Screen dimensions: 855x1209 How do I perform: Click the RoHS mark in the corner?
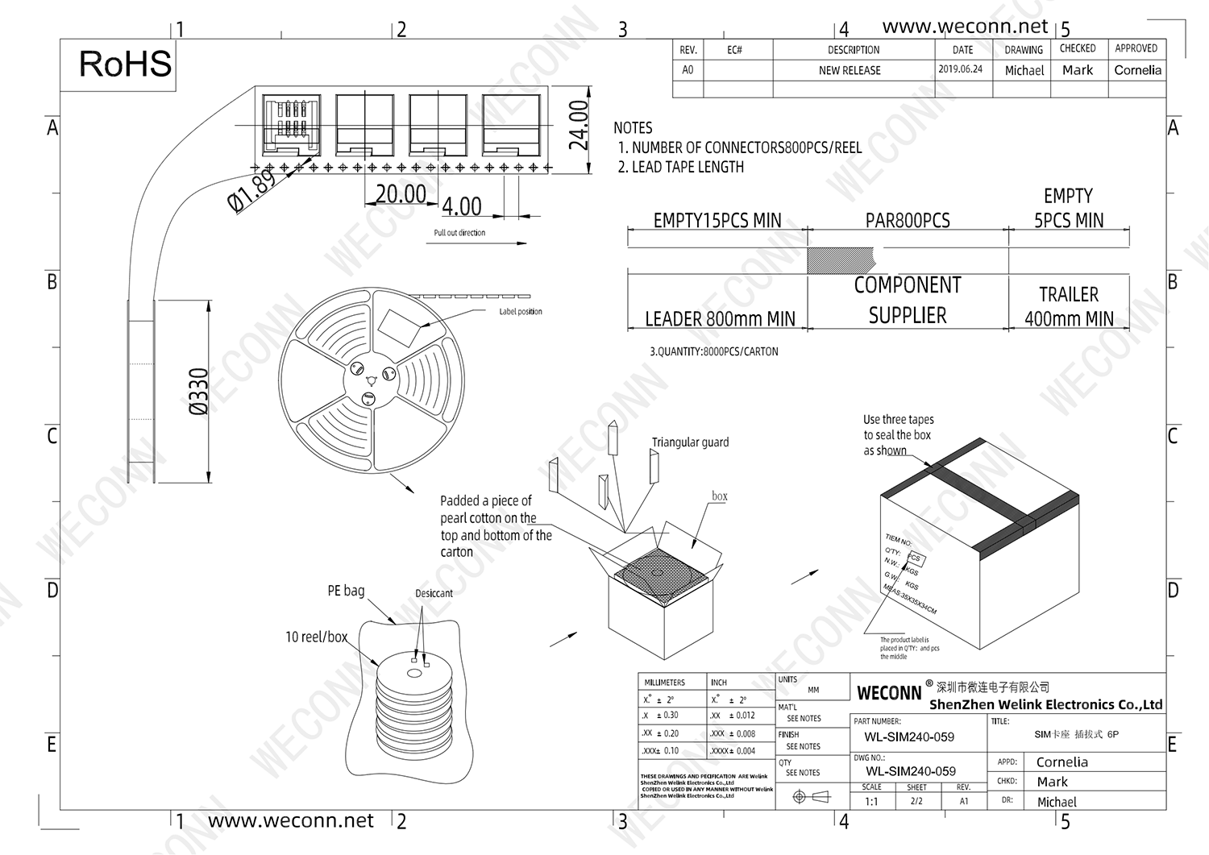125,64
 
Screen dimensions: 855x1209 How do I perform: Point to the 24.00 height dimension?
579,125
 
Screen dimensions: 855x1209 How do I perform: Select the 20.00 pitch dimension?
401,194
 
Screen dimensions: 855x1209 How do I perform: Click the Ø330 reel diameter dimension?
198,391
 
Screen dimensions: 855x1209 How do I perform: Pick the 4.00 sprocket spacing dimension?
461,206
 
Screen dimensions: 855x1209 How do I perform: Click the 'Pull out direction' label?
459,233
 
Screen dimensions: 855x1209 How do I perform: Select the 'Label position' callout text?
520,312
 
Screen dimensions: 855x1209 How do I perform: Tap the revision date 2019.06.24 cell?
960,69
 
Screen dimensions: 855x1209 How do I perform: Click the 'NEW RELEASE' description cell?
850,71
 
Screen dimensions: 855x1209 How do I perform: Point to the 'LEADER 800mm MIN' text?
720,319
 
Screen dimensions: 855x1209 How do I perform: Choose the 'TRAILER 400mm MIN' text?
1069,307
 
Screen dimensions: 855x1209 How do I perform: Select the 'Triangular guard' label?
690,442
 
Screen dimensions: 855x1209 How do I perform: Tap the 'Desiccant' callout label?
434,594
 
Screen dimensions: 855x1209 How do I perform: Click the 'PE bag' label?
346,591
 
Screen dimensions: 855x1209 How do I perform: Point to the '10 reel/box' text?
316,637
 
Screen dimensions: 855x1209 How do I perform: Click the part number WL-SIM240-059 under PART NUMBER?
908,737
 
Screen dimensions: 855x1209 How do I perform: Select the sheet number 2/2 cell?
916,801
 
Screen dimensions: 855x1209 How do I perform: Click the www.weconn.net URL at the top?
965,27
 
